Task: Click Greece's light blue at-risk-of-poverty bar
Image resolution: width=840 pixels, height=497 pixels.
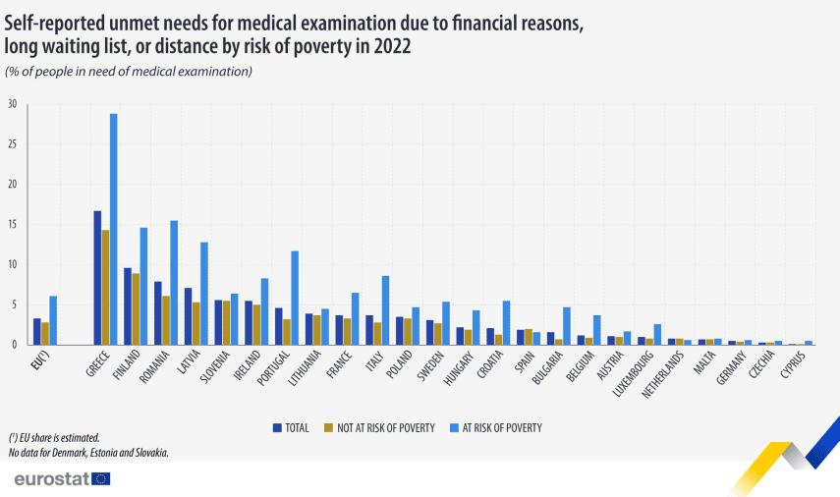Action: click(x=113, y=230)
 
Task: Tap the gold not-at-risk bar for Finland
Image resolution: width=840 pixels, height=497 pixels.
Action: click(x=136, y=309)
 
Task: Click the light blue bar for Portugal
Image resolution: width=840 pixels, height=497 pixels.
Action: click(x=295, y=299)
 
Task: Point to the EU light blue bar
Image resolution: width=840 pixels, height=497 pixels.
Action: click(x=53, y=321)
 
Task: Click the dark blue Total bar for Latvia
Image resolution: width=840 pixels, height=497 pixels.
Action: click(x=188, y=316)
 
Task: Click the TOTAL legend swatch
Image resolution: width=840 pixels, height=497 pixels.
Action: click(x=278, y=428)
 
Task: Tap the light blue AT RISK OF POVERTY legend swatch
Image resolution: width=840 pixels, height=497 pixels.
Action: click(x=455, y=428)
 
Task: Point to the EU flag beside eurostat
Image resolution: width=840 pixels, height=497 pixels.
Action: click(x=100, y=478)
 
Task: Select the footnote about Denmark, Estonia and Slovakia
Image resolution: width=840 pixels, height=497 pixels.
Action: click(x=87, y=452)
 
